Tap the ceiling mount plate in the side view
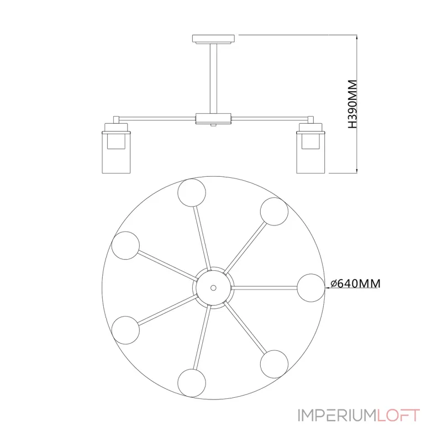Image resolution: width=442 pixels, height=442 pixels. (213, 39)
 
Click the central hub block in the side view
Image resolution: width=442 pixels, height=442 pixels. (213, 118)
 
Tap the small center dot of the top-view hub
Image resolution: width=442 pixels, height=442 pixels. (213, 287)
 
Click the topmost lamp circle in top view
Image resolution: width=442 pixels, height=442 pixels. (192, 192)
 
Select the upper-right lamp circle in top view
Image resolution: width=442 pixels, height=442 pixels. (275, 211)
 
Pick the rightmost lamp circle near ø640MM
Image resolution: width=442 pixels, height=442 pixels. (311, 287)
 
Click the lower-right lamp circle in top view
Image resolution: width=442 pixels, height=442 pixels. (274, 364)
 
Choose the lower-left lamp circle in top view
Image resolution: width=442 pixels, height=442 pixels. (125, 329)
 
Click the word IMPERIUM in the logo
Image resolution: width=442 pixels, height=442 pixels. (337, 415)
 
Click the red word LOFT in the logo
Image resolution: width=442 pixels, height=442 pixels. (399, 415)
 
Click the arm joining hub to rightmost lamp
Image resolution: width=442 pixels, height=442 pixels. (265, 287)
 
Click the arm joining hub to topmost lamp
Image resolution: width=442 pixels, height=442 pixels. (202, 238)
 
